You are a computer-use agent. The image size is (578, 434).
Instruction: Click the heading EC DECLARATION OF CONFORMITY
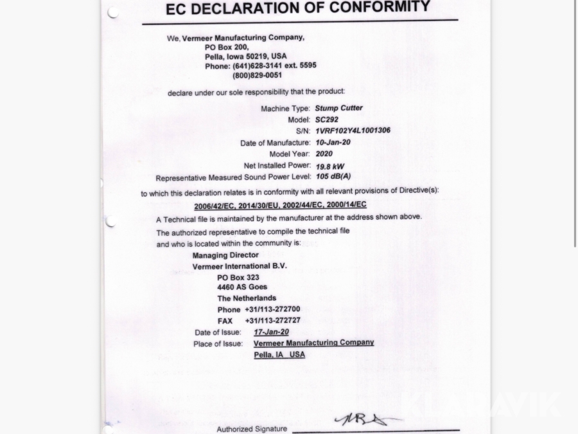298,8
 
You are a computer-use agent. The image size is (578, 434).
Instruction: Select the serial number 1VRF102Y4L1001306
353,131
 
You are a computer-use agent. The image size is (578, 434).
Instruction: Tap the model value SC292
326,120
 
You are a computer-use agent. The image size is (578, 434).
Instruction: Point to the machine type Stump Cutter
338,108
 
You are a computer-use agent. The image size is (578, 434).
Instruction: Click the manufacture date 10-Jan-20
333,142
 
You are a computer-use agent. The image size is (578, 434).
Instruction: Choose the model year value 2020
324,154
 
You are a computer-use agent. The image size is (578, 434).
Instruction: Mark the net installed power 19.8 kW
329,166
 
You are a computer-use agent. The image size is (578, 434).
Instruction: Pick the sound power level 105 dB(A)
333,176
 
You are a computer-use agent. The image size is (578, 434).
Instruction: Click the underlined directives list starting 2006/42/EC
280,205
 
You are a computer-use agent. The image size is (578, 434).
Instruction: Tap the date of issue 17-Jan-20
271,332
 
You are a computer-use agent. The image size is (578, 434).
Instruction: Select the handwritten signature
363,419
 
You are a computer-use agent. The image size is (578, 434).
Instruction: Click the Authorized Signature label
252,429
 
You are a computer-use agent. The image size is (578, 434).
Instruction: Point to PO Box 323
238,277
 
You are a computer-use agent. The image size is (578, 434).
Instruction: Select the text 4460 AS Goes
242,287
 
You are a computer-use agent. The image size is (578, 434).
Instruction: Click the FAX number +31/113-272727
272,320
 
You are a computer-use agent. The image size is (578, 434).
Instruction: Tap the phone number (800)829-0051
257,75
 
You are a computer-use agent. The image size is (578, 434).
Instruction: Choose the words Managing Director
225,255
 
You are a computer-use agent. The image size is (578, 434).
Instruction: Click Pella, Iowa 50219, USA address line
246,57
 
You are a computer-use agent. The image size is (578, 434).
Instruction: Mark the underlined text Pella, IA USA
279,354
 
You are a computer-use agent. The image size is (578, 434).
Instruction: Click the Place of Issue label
218,344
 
